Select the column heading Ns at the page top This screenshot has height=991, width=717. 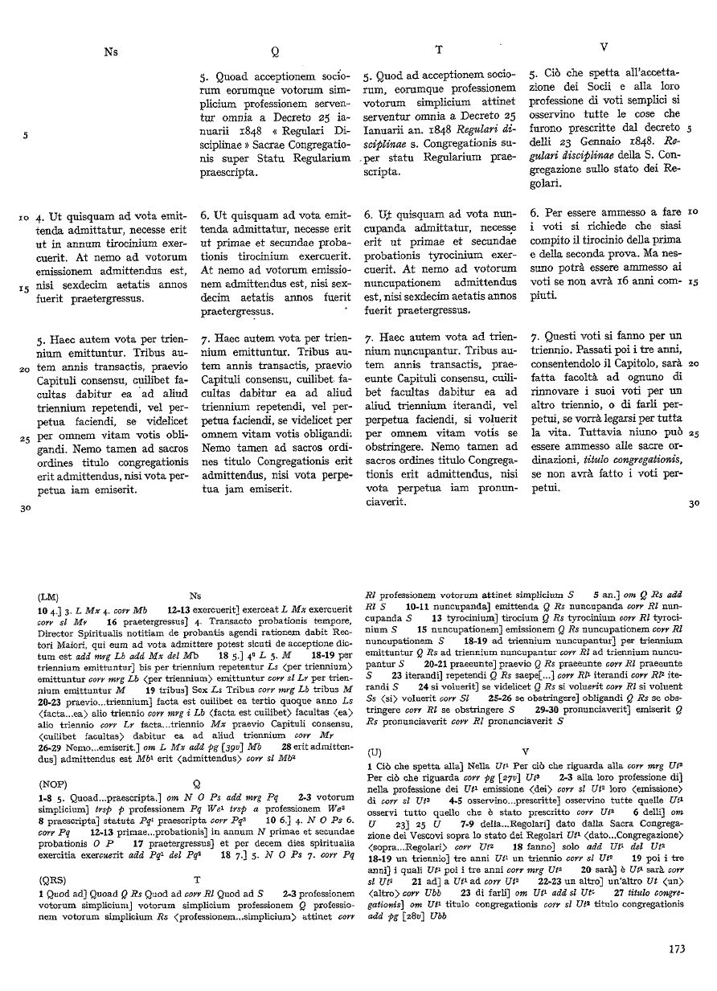(x=111, y=51)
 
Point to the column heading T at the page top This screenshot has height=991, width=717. (x=439, y=50)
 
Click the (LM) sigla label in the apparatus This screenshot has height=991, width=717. (x=48, y=597)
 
